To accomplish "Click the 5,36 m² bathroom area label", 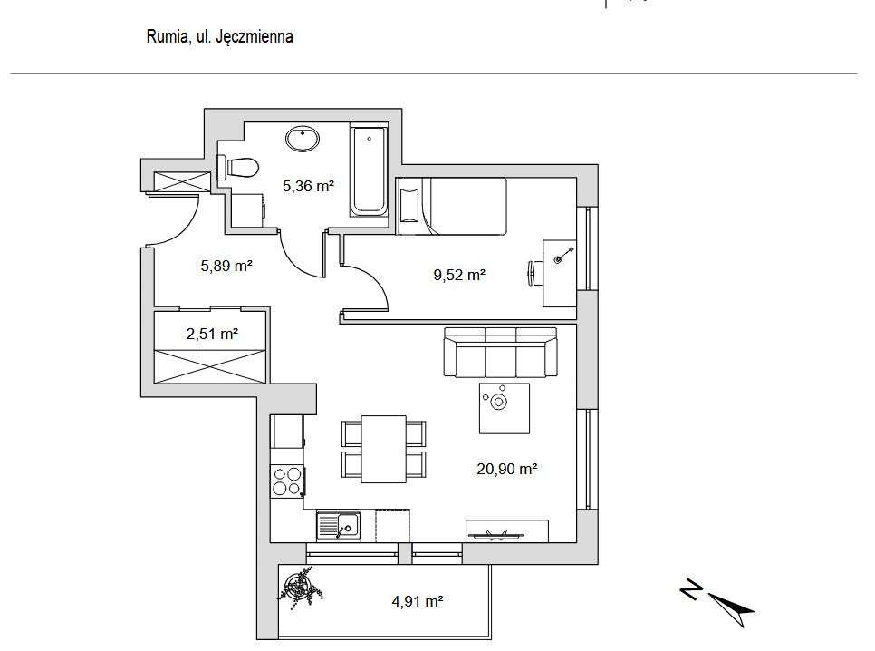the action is pyautogui.click(x=308, y=187).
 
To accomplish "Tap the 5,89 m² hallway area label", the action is pyautogui.click(x=226, y=266).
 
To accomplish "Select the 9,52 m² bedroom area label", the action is pyautogui.click(x=460, y=275).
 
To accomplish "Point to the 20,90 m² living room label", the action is pyautogui.click(x=507, y=469).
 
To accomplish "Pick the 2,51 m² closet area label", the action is pyautogui.click(x=212, y=334).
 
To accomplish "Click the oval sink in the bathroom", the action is pyautogui.click(x=302, y=140).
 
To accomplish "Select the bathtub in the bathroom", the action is pyautogui.click(x=369, y=172).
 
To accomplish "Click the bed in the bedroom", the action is pyautogui.click(x=453, y=206).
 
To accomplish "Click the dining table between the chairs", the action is pyautogui.click(x=383, y=449).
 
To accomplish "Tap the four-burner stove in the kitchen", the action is pyautogui.click(x=287, y=481).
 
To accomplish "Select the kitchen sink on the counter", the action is pyautogui.click(x=338, y=524).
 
